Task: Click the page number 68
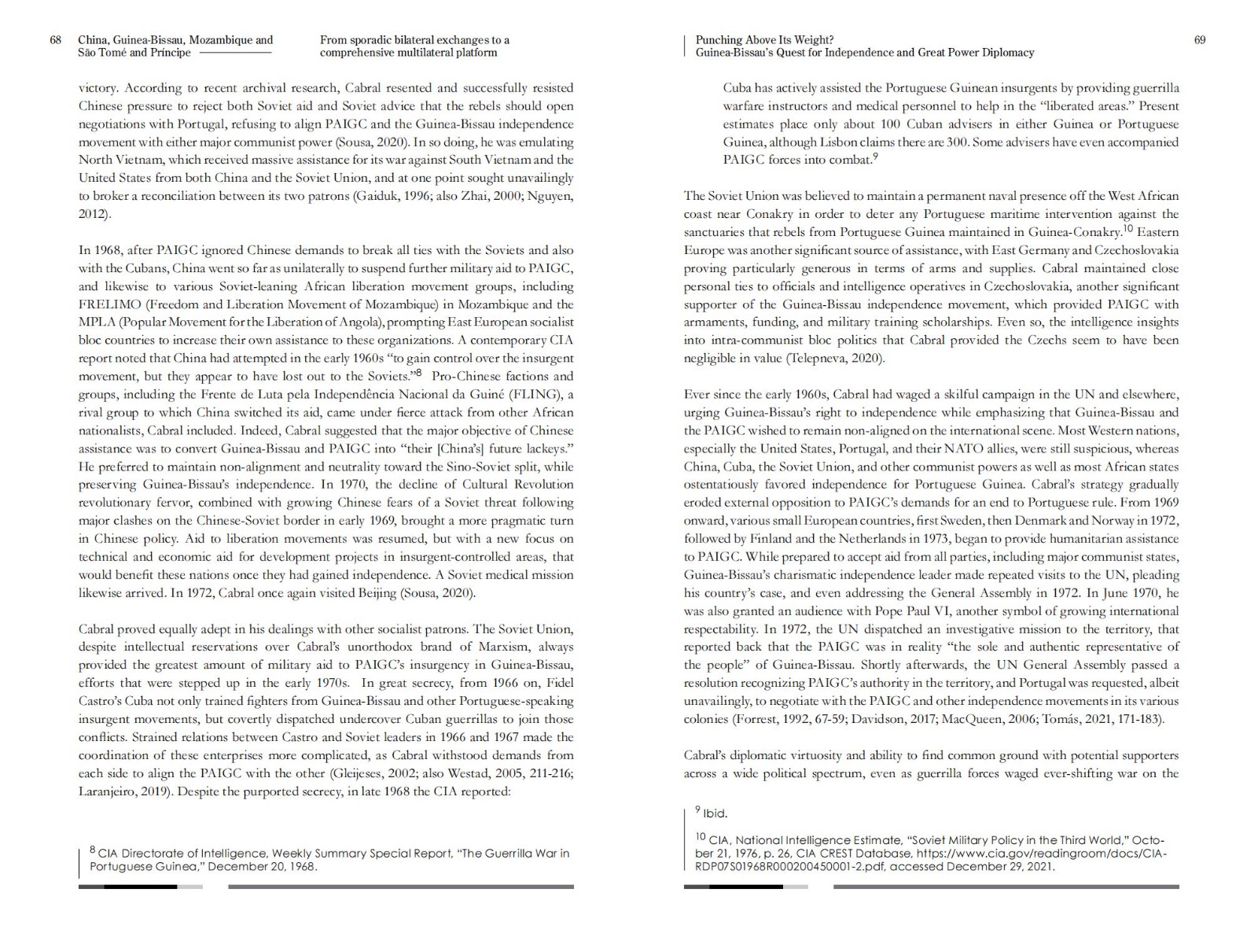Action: click(x=55, y=40)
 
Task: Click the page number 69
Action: click(x=1199, y=40)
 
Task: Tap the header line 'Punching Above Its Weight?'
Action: click(x=764, y=40)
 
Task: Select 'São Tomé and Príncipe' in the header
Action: click(x=134, y=53)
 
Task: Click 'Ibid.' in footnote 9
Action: click(x=715, y=813)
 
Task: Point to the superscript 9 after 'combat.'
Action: click(x=875, y=157)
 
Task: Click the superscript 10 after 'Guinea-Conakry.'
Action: click(x=1127, y=228)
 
